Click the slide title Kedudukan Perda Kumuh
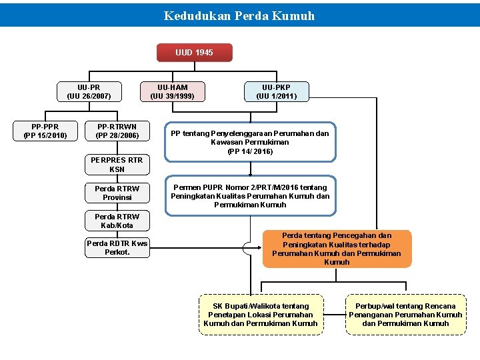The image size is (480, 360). [239, 15]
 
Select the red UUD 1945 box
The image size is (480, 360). [194, 53]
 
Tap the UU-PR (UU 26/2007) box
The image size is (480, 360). [89, 92]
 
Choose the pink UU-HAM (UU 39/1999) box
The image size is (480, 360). [173, 92]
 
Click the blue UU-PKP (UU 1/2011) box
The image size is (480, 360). [275, 92]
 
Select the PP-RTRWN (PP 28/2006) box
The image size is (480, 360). [117, 131]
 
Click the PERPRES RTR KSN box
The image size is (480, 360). [117, 165]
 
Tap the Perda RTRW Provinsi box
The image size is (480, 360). [117, 193]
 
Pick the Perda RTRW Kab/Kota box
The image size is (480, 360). [117, 221]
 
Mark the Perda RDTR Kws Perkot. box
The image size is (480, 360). [117, 248]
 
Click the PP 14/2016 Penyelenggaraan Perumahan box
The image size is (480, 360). [250, 142]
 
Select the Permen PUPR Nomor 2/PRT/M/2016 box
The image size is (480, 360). [250, 196]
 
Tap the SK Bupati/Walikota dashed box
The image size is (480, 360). [261, 315]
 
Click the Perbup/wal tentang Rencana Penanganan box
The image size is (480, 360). [405, 315]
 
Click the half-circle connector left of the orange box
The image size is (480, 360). [248, 249]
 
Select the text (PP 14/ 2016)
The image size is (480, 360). [250, 151]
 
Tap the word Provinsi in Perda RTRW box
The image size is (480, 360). [117, 198]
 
